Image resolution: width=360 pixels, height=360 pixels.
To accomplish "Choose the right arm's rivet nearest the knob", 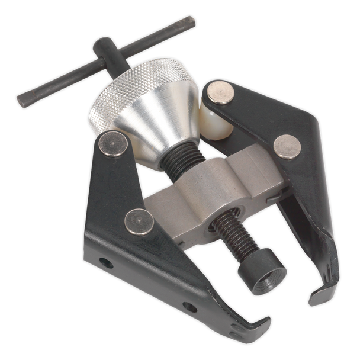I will tap(221, 94).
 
